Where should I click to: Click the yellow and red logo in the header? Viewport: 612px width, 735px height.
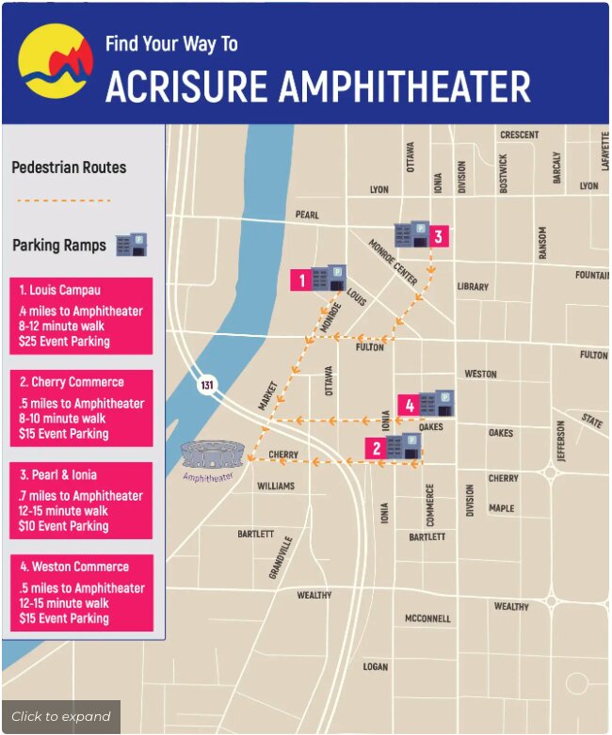[x=56, y=60]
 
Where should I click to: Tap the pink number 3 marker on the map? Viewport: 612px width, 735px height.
[x=438, y=235]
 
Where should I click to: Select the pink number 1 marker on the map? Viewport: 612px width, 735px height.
[x=301, y=280]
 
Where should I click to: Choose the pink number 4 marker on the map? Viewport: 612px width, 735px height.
[x=408, y=406]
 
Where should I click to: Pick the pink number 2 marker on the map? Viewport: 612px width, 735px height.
[x=377, y=448]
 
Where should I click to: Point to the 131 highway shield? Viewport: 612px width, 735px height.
[x=206, y=386]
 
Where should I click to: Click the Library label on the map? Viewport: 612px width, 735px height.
[x=473, y=286]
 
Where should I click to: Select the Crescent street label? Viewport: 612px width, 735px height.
[x=519, y=135]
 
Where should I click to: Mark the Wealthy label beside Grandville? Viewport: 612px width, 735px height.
[x=314, y=595]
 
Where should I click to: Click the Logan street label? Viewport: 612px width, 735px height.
[x=376, y=666]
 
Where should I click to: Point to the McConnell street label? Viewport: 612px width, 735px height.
[x=427, y=618]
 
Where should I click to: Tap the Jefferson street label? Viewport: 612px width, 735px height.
[x=562, y=439]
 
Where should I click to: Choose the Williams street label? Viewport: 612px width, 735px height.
[x=276, y=486]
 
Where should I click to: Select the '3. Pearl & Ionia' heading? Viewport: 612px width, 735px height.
[x=57, y=474]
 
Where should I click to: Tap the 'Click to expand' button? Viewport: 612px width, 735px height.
[x=61, y=716]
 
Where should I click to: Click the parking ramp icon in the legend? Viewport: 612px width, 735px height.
[x=131, y=246]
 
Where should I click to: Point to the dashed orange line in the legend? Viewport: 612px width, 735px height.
[x=64, y=200]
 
